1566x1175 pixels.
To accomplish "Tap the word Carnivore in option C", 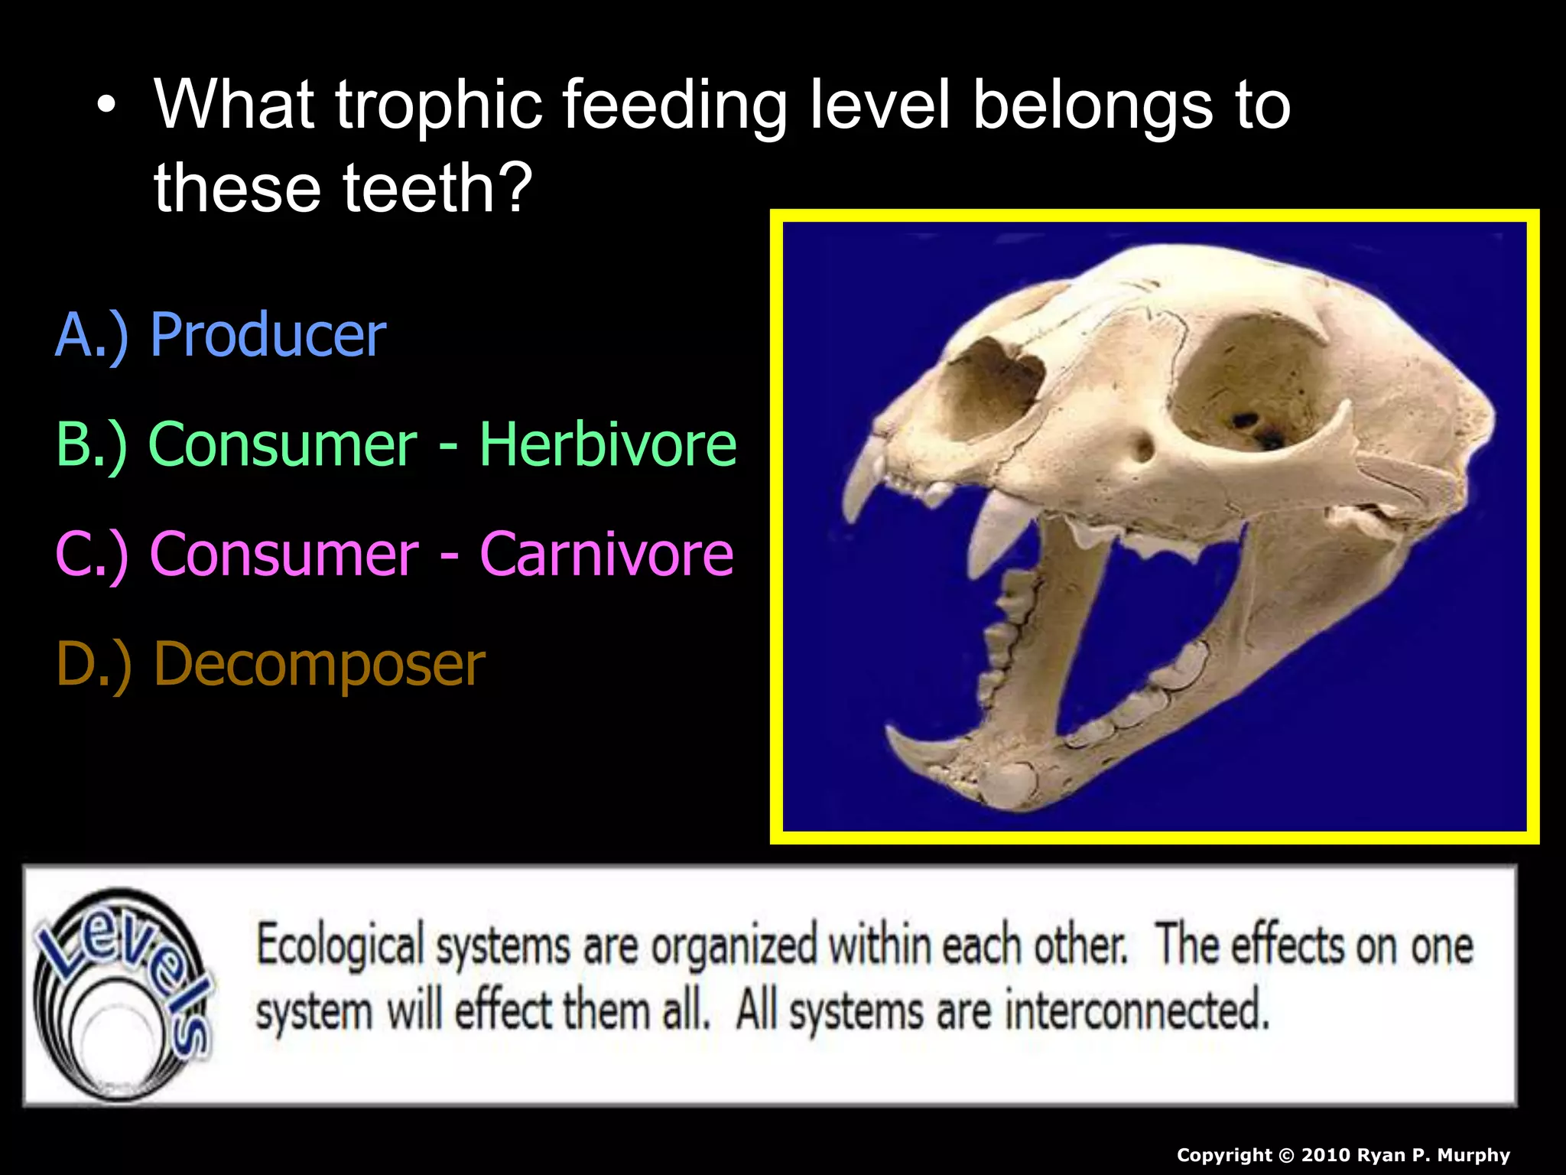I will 606,554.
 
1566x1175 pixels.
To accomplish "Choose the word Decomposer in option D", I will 319,664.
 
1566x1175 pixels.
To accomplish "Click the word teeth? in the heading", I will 437,188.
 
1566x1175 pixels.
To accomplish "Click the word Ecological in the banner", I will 340,946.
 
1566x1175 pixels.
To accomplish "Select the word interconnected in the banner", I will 1136,1011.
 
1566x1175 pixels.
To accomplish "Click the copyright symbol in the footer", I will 1286,1155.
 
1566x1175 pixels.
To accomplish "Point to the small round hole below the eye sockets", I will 1142,448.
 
